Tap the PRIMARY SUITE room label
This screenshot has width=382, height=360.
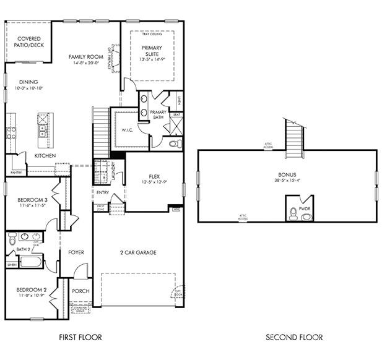click(x=152, y=51)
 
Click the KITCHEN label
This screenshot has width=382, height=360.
click(x=45, y=155)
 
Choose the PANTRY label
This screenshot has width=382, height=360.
click(x=16, y=173)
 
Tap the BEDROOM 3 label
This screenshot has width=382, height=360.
click(x=30, y=199)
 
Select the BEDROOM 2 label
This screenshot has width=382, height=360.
click(x=30, y=289)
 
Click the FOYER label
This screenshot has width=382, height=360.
click(x=76, y=252)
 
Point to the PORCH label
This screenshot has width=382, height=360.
click(x=80, y=291)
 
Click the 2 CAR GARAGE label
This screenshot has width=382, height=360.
click(x=137, y=252)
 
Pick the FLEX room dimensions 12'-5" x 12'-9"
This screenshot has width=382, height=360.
click(x=154, y=182)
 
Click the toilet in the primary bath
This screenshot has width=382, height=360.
click(x=175, y=144)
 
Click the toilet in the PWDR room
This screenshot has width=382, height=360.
click(x=293, y=213)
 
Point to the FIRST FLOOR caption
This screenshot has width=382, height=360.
click(x=80, y=337)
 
